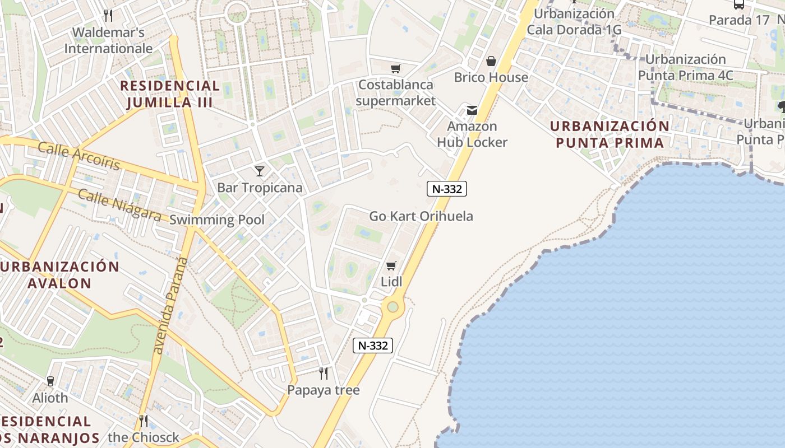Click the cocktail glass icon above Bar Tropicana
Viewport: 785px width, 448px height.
coord(259,171)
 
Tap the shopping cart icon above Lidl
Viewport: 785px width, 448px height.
coord(391,265)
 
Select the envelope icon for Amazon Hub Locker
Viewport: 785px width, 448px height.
coord(472,110)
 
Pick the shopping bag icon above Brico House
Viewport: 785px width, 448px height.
coord(491,61)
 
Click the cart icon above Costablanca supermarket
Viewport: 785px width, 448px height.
coord(396,69)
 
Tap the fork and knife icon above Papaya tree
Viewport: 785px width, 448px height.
coord(323,373)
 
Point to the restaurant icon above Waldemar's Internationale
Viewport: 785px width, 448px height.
coord(108,15)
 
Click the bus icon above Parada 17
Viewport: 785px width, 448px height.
coord(739,4)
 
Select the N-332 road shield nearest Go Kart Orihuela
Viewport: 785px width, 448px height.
coord(447,189)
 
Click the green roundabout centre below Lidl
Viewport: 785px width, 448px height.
coord(392,307)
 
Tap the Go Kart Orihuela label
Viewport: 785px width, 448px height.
coord(421,216)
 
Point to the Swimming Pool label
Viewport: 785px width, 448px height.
coord(216,220)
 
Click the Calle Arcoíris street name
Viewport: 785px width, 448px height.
coord(78,156)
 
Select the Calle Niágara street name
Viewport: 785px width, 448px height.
coord(119,205)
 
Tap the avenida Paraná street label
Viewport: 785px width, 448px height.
coord(169,306)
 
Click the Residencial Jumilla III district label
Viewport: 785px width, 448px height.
coord(169,94)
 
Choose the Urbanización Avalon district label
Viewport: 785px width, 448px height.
coord(59,274)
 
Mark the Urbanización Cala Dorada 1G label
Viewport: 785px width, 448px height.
coord(574,22)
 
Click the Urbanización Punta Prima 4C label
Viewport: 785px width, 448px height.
coord(685,67)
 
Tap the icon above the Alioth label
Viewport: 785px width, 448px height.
coord(50,381)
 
